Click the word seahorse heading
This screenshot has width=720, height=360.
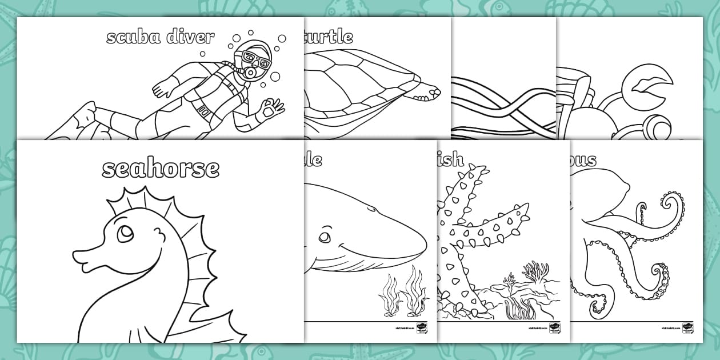click(x=161, y=169)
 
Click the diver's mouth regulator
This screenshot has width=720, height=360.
click(x=251, y=73)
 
